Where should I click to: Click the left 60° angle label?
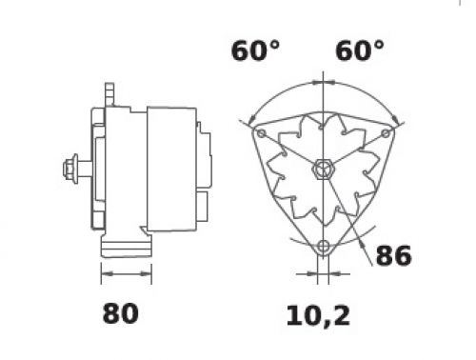coord(255,50)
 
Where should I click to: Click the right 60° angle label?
coord(360,50)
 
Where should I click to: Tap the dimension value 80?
coord(121,313)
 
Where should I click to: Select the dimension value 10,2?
coord(318,316)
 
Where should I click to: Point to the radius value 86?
coord(393,255)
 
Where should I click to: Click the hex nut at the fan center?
coord(323,170)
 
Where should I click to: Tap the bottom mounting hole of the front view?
coord(323,246)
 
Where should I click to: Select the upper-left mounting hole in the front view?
coord(261,133)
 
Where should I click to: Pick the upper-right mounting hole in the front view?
coord(386,133)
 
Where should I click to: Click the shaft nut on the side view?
coord(70,169)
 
